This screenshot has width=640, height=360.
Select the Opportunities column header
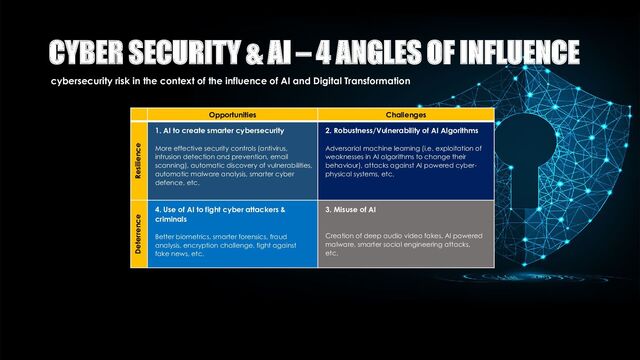(x=233, y=115)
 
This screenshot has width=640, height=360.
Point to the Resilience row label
(x=138, y=159)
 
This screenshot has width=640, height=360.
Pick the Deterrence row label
(x=138, y=235)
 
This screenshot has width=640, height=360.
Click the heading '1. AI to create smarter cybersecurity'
(x=220, y=131)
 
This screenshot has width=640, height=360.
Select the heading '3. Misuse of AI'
(x=350, y=210)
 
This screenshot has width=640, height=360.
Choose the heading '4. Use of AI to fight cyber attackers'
(x=220, y=210)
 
